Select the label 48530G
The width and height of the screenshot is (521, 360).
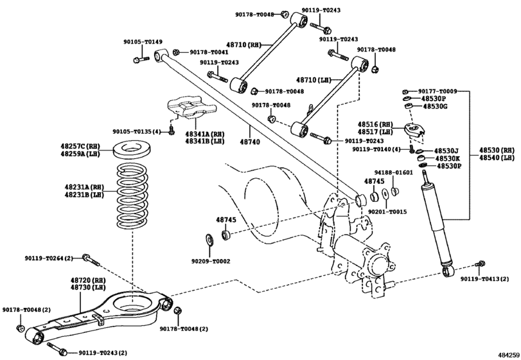[x=435, y=107]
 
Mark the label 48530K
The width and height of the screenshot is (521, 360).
[x=448, y=157]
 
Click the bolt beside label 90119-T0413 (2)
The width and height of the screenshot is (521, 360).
[x=479, y=264]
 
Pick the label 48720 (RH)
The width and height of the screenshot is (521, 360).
[x=87, y=281]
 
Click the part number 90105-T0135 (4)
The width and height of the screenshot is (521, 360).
[x=141, y=131]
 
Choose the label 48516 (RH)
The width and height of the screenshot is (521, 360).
[x=375, y=123]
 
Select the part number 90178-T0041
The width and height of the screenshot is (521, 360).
[x=210, y=52]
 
